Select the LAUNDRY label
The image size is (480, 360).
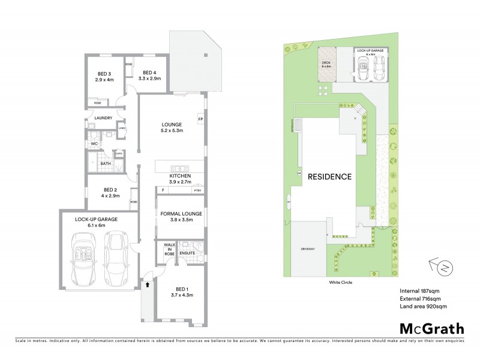(104, 118)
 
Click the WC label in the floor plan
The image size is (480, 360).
(94, 144)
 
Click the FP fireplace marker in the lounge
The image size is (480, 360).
(200, 119)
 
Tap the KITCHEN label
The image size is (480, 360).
(181, 176)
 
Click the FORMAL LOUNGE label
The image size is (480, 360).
(181, 214)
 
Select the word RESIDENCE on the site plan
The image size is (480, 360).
(329, 177)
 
